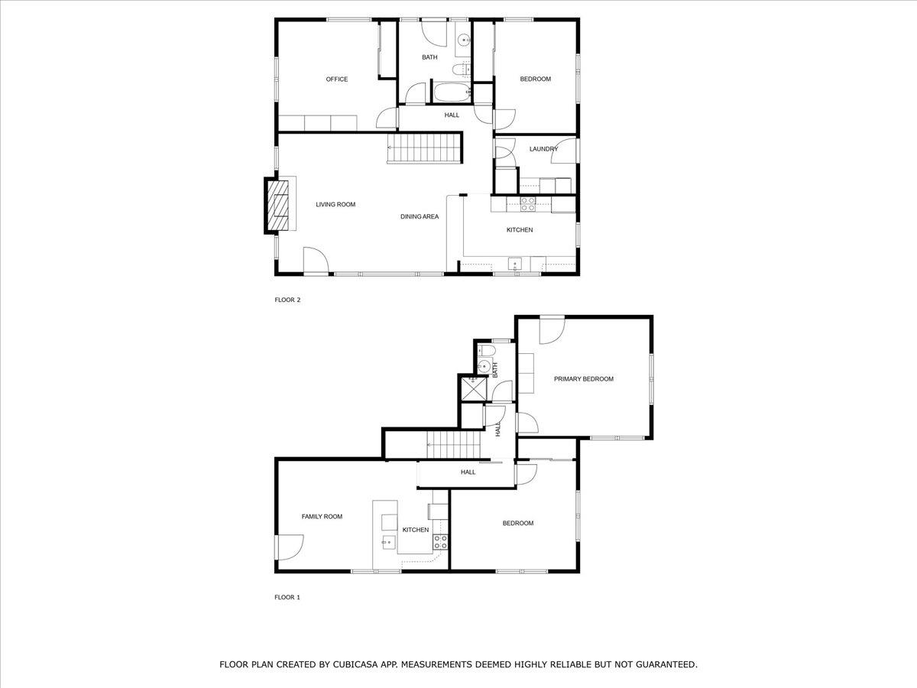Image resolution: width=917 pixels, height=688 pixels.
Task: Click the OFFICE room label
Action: [336, 80]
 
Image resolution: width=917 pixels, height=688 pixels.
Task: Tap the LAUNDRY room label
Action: [543, 149]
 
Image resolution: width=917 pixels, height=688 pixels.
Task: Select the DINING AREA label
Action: [420, 217]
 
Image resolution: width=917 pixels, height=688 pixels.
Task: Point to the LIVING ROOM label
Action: [335, 205]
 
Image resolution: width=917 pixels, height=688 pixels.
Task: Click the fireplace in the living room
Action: [280, 205]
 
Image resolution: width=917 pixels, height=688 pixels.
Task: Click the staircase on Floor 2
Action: [425, 146]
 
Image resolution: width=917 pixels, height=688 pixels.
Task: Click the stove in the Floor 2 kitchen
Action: [528, 203]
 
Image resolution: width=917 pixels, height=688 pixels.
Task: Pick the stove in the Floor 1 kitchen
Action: [440, 543]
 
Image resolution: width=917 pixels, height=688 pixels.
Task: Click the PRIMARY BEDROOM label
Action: [583, 379]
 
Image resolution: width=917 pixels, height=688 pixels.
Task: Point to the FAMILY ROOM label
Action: [322, 517]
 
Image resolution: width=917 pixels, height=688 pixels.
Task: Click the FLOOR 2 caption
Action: [287, 300]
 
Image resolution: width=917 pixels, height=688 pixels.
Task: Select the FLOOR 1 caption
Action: [287, 598]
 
